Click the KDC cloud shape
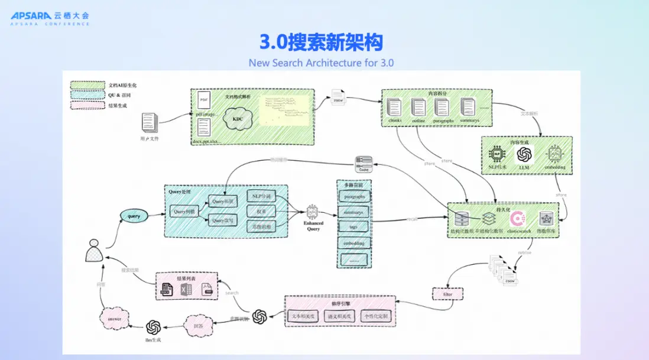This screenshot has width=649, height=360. click(238, 118)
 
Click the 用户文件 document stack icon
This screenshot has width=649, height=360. click(149, 123)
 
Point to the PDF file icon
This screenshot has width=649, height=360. click(203, 99)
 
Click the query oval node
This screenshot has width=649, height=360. click(134, 216)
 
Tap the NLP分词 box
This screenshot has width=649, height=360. click(261, 196)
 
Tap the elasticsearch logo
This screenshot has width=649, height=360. click(518, 219)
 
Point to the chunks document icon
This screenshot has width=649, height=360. click(395, 108)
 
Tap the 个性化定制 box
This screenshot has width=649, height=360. click(377, 316)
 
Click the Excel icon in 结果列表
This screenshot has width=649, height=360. click(187, 290)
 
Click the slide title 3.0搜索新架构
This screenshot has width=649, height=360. click(322, 43)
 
